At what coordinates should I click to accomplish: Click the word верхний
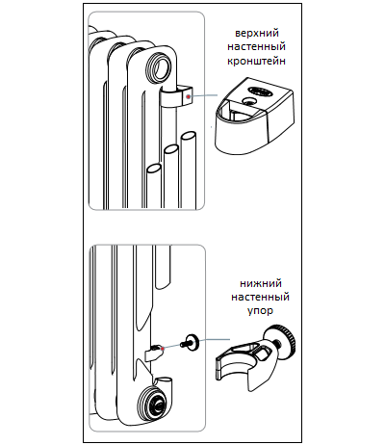coord(257,34)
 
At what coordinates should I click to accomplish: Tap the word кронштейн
coord(257,61)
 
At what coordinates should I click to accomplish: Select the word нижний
coord(261,283)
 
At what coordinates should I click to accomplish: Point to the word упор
coord(260,311)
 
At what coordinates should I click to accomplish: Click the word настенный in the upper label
coord(257,47)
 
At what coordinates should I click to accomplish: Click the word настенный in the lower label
coord(260,297)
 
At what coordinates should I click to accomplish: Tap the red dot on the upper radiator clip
coord(189,96)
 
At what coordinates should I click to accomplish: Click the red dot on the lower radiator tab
coord(163,348)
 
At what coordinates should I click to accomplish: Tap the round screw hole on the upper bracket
coord(249,102)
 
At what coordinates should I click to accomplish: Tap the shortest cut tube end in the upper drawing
coord(154,169)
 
